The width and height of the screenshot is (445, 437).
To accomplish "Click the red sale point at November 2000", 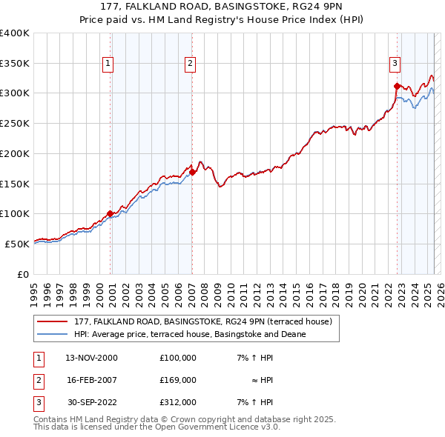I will pos(110,213).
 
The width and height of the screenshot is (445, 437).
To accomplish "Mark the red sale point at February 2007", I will pos(192,172).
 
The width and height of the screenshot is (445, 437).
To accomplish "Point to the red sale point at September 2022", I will pos(397,86).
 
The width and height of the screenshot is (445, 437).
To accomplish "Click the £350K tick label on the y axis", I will pos(15,63).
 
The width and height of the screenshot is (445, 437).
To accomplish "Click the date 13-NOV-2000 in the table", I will pos(91,357).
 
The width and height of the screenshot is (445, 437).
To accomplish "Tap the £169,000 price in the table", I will pos(178,379).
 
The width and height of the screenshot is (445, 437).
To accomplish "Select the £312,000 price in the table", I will pos(178,402).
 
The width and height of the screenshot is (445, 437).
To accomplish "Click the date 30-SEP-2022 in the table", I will pos(91,402).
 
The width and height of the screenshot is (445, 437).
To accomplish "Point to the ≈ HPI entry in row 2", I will pos(263,379).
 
